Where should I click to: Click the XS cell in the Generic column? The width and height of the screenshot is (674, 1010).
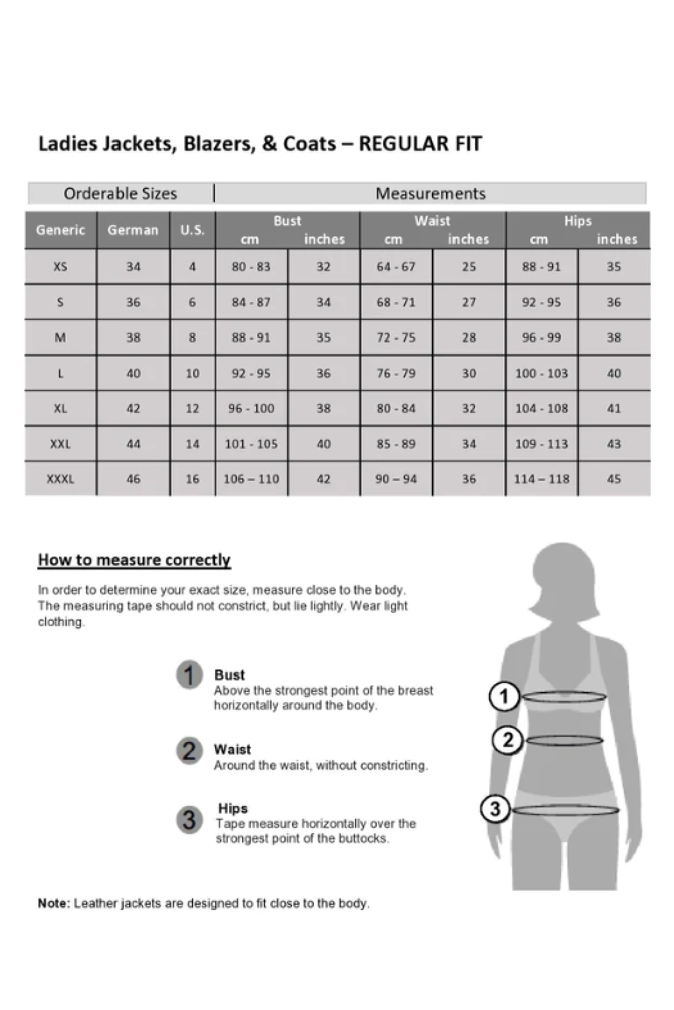(60, 267)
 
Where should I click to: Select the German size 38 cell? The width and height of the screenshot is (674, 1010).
(133, 337)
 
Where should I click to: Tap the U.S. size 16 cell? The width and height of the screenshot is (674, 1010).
(192, 479)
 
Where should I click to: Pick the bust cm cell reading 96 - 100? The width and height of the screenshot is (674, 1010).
(251, 408)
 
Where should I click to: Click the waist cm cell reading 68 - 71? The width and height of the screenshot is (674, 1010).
(396, 302)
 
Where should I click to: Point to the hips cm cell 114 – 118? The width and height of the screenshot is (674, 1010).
(541, 479)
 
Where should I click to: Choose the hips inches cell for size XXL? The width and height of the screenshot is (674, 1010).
(614, 444)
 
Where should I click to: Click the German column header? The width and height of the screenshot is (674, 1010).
(133, 230)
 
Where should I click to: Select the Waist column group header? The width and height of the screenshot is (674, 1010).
(432, 221)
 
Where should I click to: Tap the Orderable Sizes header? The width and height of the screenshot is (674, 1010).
(120, 194)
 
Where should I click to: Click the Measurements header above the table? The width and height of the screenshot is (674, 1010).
(430, 194)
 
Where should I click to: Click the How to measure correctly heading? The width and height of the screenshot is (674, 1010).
(134, 560)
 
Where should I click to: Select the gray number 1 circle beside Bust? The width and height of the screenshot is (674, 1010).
(189, 675)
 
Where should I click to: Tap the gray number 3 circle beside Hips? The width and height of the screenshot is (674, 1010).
(189, 820)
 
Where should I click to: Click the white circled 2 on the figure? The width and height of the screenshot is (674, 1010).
(507, 741)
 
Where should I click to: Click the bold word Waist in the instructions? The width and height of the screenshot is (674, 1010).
(232, 750)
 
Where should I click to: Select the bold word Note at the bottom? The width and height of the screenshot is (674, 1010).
(53, 904)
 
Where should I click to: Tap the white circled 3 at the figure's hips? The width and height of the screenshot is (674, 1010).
(495, 809)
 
